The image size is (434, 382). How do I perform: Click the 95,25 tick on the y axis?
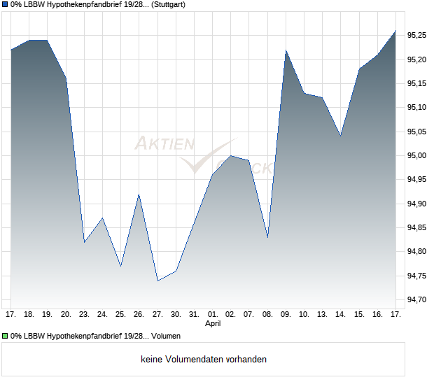click(x=416, y=35)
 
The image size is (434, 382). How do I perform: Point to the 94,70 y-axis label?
click(x=416, y=299)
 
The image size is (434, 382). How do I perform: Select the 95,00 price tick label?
click(x=416, y=155)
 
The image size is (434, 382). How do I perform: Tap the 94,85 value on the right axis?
click(x=416, y=227)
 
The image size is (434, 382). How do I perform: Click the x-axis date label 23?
click(x=84, y=315)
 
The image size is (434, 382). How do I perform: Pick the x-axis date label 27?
click(x=157, y=315)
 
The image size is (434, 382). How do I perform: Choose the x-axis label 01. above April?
click(x=213, y=315)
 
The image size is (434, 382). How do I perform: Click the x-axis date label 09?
click(x=286, y=315)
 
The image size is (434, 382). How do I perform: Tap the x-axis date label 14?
click(x=341, y=315)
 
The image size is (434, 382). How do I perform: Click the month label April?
click(x=213, y=324)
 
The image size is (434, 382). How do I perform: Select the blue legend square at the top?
click(x=5, y=4)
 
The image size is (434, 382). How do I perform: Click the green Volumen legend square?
click(x=5, y=335)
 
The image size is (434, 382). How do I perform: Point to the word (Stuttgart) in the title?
click(x=169, y=4)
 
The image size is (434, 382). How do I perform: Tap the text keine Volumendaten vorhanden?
click(x=204, y=360)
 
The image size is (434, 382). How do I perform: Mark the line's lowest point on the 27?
click(x=157, y=281)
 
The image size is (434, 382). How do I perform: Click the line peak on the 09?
click(x=286, y=50)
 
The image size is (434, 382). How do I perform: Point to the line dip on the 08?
click(x=268, y=238)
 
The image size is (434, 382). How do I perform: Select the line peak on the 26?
click(x=139, y=194)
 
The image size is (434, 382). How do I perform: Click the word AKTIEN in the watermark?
click(x=164, y=144)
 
